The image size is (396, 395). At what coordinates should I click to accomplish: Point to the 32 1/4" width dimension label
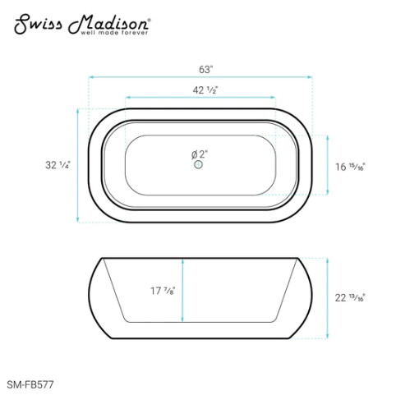click(x=57, y=165)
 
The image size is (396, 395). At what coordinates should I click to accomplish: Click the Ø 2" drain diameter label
click(x=199, y=154)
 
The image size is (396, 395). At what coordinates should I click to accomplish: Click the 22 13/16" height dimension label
click(x=350, y=298)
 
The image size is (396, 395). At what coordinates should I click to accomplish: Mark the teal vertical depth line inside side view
click(x=182, y=290)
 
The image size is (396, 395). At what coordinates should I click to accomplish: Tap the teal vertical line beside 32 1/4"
click(x=79, y=165)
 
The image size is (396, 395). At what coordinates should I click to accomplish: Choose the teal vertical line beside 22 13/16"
click(x=328, y=298)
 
